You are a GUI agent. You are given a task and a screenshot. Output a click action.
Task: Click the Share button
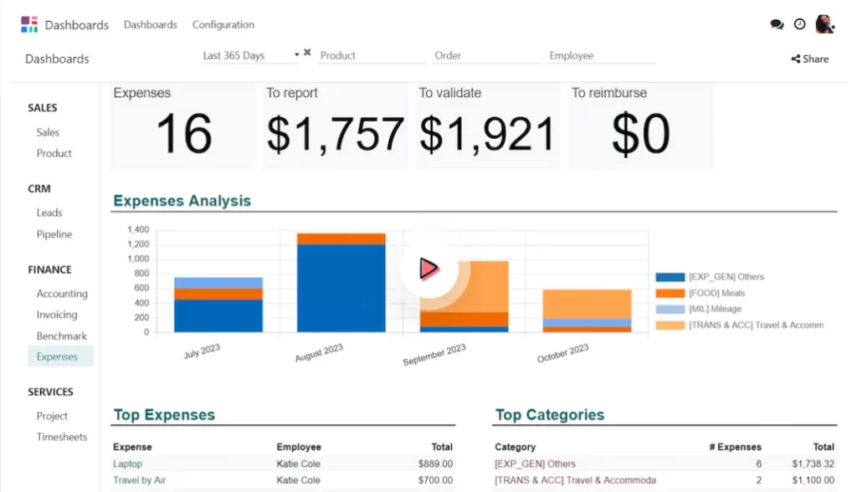809,59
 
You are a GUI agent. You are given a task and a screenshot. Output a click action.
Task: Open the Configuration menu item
223,25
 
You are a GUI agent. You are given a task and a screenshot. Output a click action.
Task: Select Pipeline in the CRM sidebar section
54,234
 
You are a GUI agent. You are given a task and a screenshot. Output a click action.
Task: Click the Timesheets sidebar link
62,437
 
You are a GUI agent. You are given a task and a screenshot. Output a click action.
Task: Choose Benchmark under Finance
62,336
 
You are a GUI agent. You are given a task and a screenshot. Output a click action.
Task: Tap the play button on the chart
428,269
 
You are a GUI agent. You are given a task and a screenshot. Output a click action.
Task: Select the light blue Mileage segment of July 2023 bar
218,283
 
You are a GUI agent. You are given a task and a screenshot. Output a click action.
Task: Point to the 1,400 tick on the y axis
138,229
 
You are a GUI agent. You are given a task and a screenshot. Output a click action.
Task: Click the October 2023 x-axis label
564,352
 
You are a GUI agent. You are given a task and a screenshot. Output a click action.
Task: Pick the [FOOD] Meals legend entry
716,293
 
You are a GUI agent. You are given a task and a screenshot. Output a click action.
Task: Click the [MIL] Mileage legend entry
714,309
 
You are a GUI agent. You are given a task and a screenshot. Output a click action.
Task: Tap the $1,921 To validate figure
487,134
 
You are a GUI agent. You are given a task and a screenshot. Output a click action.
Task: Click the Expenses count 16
183,134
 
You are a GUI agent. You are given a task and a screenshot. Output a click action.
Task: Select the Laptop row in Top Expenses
128,464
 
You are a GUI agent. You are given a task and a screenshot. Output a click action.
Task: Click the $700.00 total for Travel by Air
435,480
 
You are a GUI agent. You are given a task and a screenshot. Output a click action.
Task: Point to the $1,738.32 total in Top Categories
813,464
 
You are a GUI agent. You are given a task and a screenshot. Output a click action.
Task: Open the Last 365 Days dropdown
251,56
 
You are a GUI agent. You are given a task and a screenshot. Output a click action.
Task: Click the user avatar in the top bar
825,24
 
